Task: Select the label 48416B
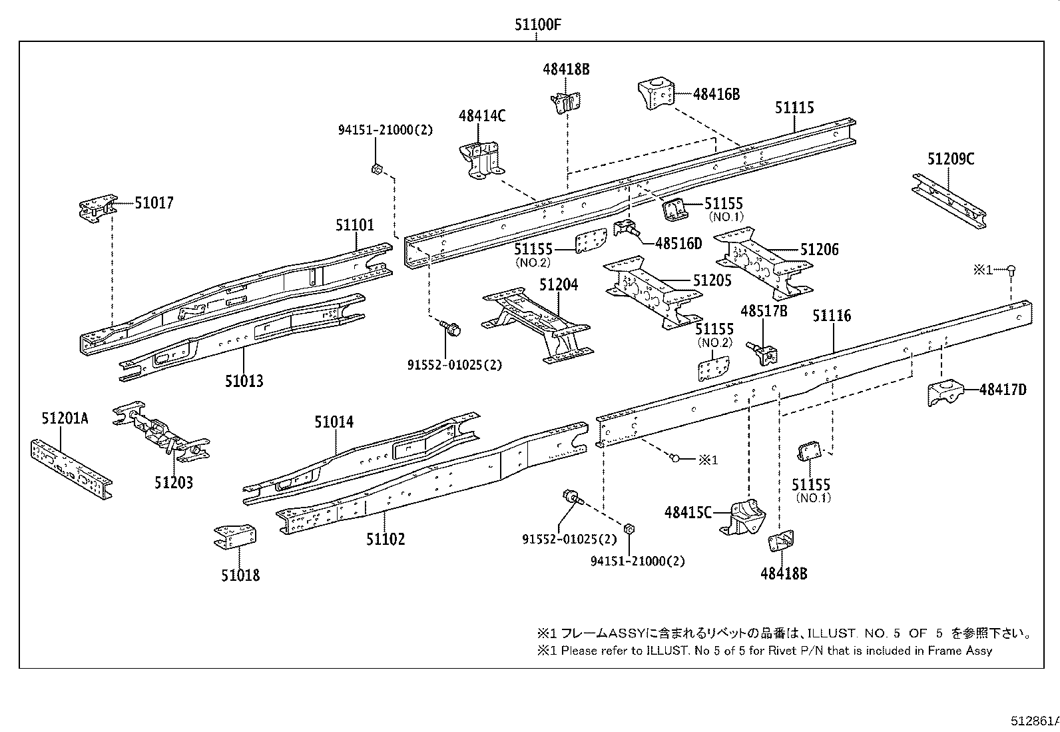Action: [716, 95]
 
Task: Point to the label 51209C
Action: [950, 159]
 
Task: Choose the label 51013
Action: [244, 382]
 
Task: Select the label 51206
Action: [819, 250]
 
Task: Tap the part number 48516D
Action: [678, 244]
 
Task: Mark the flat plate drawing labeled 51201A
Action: [69, 466]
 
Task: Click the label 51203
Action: [174, 482]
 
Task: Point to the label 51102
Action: [385, 539]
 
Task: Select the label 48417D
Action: [1002, 390]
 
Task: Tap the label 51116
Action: [831, 316]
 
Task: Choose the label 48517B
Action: [764, 311]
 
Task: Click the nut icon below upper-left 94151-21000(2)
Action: [376, 169]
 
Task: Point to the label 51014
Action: [334, 422]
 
